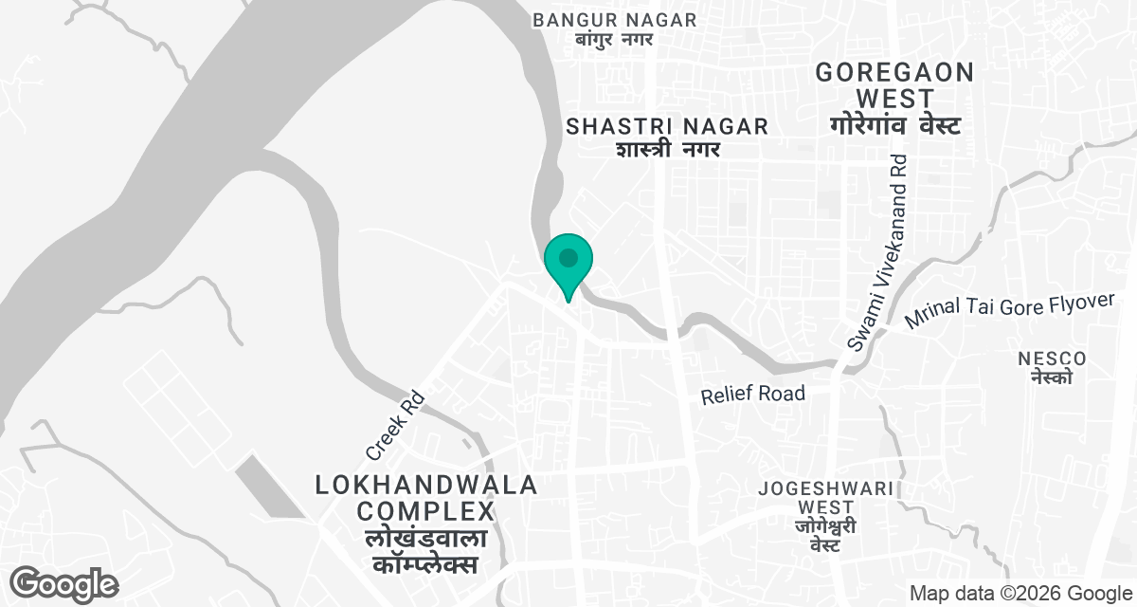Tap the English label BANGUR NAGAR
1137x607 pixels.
pyautogui.click(x=614, y=20)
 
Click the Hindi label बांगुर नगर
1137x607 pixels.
pyautogui.click(x=614, y=41)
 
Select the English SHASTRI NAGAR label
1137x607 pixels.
pyautogui.click(x=666, y=127)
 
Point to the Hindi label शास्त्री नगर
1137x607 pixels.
pyautogui.click(x=668, y=150)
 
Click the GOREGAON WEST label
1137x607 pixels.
pyautogui.click(x=894, y=85)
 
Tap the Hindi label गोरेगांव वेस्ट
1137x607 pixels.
pyautogui.click(x=894, y=125)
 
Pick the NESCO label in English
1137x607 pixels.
pyautogui.click(x=1052, y=359)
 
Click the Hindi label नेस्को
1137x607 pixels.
pyautogui.click(x=1052, y=377)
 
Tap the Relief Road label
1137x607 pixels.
pyautogui.click(x=753, y=394)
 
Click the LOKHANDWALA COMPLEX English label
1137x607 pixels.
pyautogui.click(x=425, y=499)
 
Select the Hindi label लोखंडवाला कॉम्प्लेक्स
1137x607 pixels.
pyautogui.click(x=425, y=552)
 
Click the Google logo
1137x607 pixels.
pyautogui.click(x=64, y=584)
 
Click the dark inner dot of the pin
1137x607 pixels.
pyautogui.click(x=568, y=257)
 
